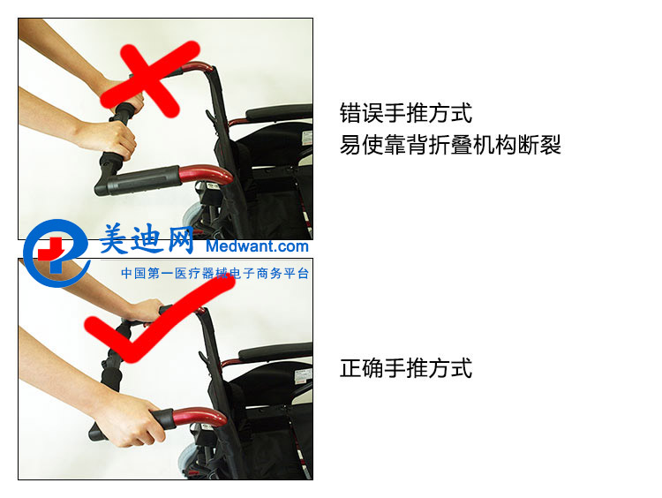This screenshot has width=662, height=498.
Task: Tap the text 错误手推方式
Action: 406,113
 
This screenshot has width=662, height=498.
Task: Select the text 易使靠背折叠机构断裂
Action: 450,145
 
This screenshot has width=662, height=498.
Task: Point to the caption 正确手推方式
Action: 406,368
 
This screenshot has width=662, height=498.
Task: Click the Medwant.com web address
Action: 257,245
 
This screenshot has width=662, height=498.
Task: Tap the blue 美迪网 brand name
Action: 147,239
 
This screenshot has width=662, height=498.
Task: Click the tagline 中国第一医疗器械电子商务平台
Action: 214,274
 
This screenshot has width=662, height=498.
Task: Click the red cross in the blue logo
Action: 50,250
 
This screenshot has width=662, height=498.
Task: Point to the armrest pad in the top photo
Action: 279,113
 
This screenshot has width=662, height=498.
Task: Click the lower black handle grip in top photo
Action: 137,180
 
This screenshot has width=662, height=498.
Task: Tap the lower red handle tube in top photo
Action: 206,174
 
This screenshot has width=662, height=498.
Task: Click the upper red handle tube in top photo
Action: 199,68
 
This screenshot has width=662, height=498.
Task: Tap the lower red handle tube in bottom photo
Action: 199,417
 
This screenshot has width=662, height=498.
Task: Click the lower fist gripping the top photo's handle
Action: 109,140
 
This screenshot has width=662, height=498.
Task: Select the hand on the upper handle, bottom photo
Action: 146,311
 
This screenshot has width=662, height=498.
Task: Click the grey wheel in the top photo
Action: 192,215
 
